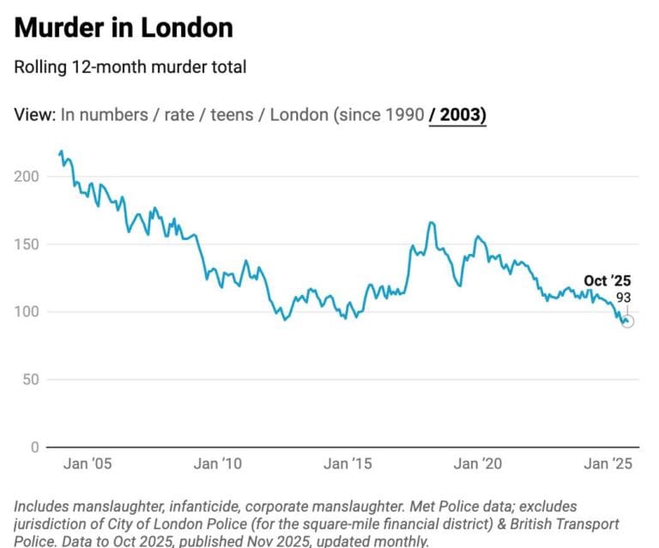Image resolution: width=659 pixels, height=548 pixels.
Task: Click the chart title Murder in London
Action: click(124, 27)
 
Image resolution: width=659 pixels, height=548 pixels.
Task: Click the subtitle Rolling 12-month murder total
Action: click(130, 67)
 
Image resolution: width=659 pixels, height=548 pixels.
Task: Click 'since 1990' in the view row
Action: click(380, 115)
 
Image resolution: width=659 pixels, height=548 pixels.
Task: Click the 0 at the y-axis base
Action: click(35, 448)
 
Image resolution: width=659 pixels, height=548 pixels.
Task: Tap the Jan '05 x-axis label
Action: click(88, 464)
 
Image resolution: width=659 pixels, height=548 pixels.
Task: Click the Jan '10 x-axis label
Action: click(217, 464)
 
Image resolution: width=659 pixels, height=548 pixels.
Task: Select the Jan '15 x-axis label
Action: click(348, 464)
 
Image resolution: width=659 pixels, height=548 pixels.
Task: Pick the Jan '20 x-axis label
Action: click(477, 464)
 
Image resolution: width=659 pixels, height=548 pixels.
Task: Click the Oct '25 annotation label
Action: click(608, 280)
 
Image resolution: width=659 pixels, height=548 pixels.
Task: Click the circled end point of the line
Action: click(627, 321)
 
